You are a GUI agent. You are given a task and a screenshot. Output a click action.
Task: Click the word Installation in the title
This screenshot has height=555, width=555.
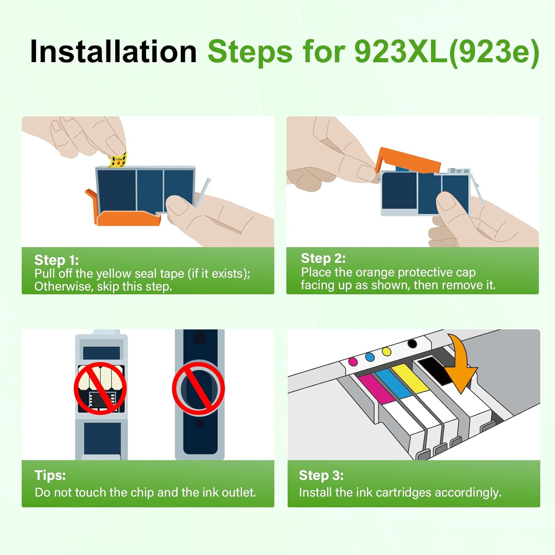[x=113, y=52]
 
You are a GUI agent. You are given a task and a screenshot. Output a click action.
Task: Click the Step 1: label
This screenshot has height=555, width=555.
[x=56, y=260]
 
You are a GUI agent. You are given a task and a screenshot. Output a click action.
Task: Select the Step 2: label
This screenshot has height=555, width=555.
[x=323, y=258]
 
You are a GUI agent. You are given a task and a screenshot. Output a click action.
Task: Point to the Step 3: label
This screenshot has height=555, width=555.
[x=321, y=475]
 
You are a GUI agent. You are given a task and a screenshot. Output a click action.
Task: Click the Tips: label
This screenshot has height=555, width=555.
[x=50, y=475]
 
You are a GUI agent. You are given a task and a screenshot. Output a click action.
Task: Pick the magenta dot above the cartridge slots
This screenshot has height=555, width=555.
[x=353, y=361]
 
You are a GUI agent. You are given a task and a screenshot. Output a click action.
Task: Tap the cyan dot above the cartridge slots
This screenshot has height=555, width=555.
[x=370, y=357]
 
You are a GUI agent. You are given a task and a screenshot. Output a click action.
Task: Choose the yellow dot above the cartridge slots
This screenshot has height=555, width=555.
[x=386, y=351]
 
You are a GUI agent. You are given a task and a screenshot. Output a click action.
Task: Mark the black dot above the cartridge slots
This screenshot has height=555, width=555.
[x=412, y=344]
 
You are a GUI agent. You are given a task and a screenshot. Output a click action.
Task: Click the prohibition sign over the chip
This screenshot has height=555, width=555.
[x=100, y=388]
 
